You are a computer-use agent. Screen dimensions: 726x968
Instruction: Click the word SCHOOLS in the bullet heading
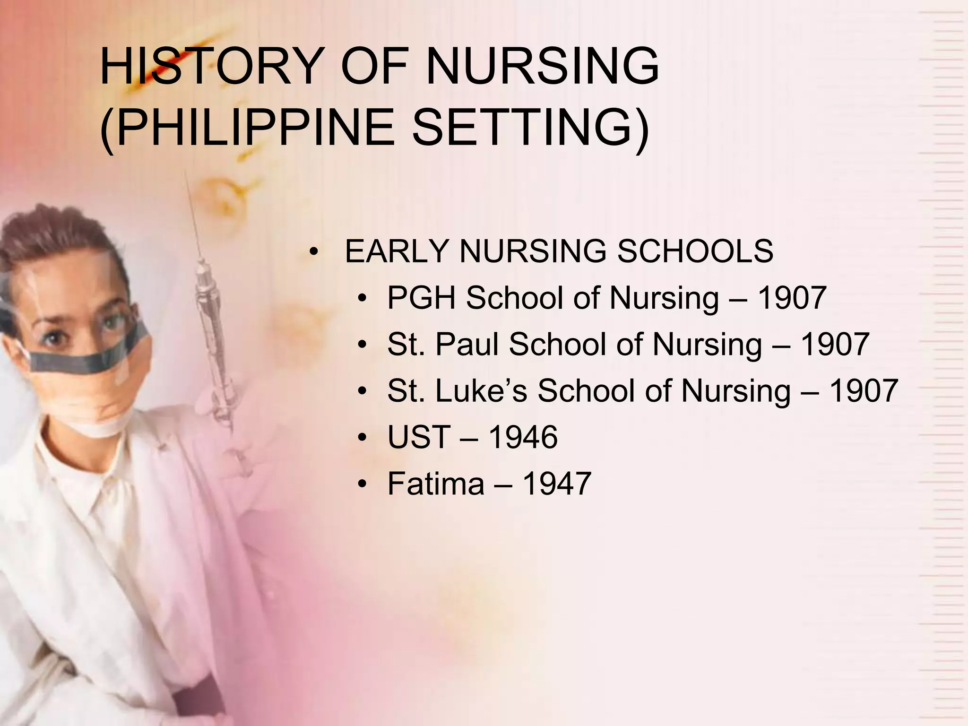tap(695, 251)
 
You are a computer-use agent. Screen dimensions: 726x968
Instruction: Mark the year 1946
tap(523, 437)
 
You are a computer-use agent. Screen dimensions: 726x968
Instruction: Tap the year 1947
tap(557, 483)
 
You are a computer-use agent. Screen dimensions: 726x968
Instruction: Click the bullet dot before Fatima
tap(363, 484)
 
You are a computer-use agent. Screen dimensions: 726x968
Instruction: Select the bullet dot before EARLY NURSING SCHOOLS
tap(313, 251)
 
